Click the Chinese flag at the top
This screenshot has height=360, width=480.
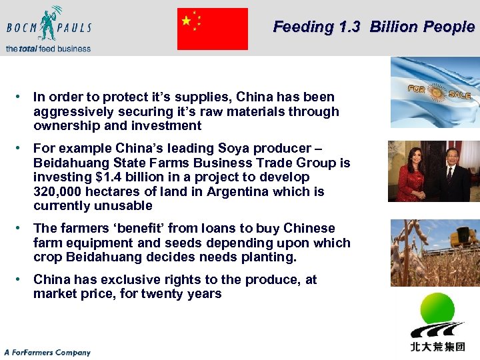tap(212, 29)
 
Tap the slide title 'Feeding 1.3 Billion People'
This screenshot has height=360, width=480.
tap(373, 27)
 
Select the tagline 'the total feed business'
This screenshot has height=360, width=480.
tap(48, 48)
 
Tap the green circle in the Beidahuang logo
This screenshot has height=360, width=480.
tap(437, 309)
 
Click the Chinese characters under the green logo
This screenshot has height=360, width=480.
tap(437, 346)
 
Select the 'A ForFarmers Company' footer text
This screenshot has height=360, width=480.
tap(47, 352)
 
